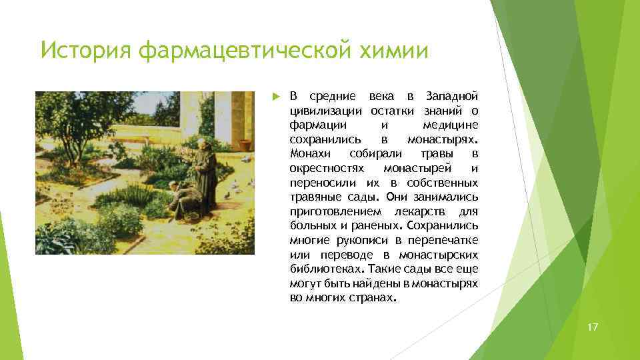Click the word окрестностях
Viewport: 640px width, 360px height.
(326, 168)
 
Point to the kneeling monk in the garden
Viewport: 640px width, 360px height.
(183, 199)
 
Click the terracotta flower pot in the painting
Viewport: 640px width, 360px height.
(245, 144)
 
